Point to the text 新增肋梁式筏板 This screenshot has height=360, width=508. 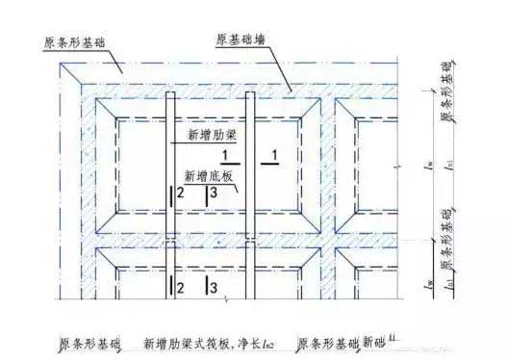(188, 343)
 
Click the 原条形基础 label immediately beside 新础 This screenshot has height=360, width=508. (328, 343)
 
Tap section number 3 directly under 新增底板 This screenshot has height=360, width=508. (213, 194)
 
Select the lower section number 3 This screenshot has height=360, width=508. (213, 288)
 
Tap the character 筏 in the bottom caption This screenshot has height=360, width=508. (211, 343)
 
